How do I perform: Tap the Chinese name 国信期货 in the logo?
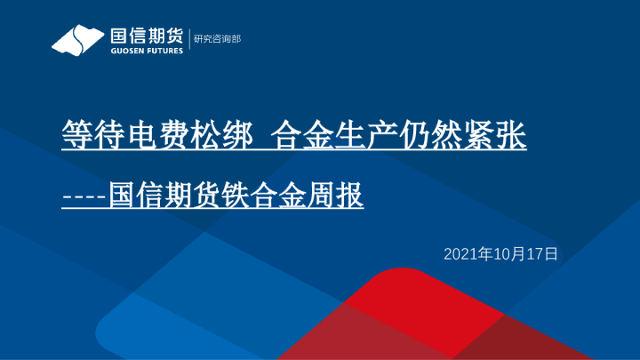click(145, 36)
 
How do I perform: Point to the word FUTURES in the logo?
click(164, 51)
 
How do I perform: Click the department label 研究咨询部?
click(217, 39)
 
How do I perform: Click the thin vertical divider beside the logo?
click(188, 40)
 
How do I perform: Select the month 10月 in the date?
click(511, 254)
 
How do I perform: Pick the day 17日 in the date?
click(544, 254)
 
